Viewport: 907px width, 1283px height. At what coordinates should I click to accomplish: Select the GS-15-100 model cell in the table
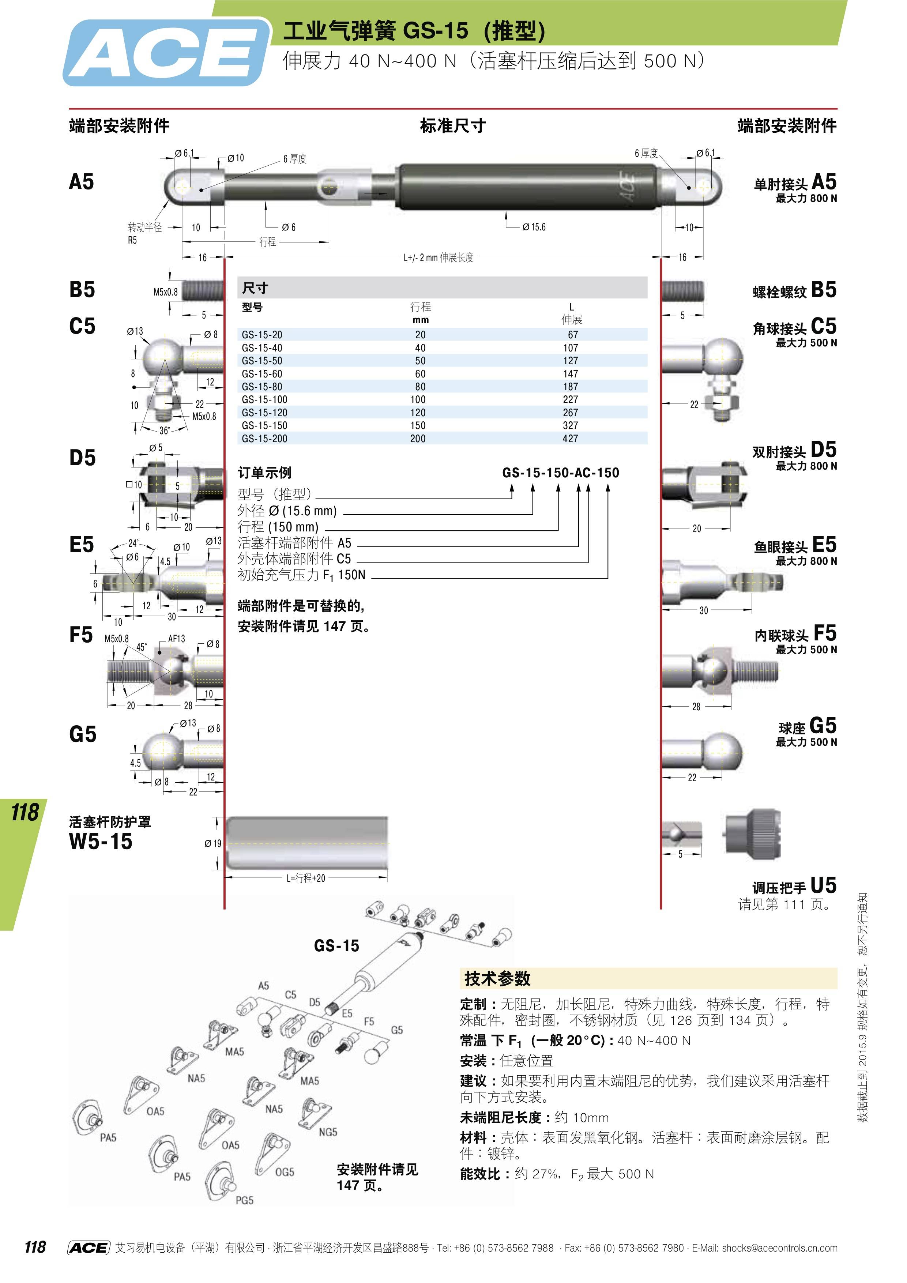tap(264, 399)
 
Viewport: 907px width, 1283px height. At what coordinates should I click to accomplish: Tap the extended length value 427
tap(570, 439)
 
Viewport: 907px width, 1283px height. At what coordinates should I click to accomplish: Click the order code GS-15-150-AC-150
tap(561, 473)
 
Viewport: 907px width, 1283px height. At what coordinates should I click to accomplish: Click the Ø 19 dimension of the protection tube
tap(212, 843)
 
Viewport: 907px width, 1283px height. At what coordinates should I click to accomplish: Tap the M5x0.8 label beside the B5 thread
tap(165, 292)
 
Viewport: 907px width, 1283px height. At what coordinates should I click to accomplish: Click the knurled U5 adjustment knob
tap(752, 834)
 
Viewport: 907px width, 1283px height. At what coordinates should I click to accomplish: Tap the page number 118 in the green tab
tap(25, 812)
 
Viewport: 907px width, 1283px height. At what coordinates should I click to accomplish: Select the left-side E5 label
tap(82, 544)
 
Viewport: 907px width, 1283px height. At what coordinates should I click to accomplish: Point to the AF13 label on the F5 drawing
tap(177, 639)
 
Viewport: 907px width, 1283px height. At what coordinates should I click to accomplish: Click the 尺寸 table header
tap(255, 288)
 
